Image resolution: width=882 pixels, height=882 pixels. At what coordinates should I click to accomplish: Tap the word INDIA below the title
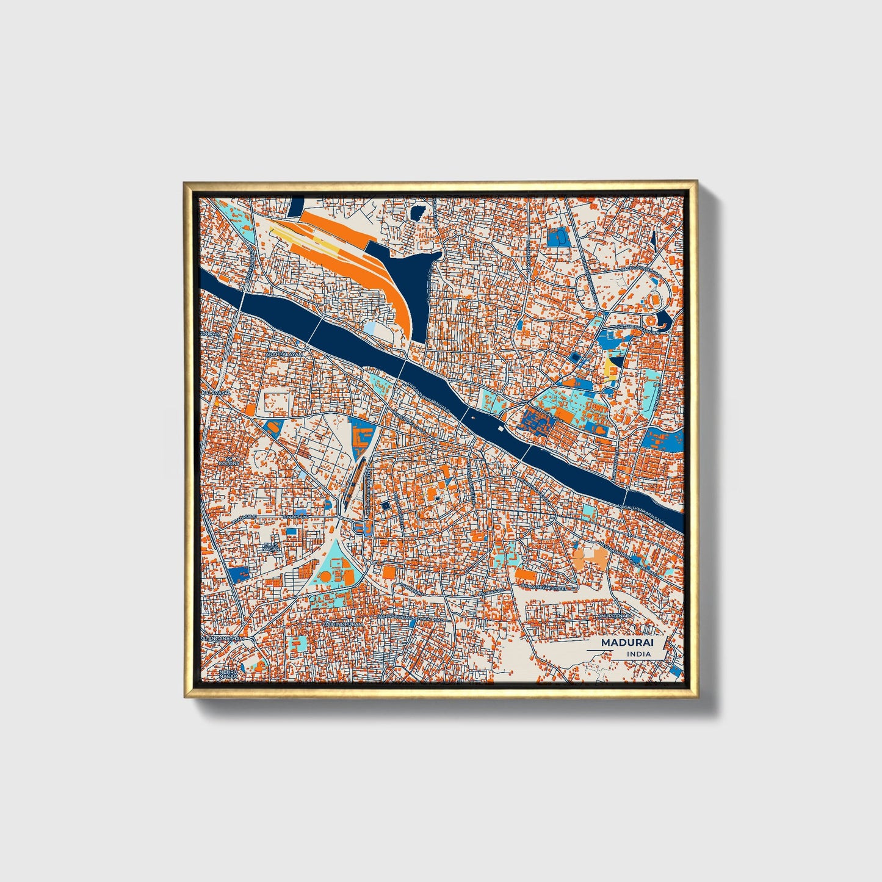pos(638,654)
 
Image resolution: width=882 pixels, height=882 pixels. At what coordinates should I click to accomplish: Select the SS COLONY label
pos(230,461)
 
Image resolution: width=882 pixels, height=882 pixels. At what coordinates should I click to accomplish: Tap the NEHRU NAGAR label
pos(227,674)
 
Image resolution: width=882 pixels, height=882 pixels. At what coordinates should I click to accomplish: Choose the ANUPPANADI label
pos(612,616)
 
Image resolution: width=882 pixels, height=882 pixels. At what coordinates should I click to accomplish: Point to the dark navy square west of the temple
pos(385,505)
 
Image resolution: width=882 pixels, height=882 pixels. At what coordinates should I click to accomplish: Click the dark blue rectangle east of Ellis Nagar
pos(292,532)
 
